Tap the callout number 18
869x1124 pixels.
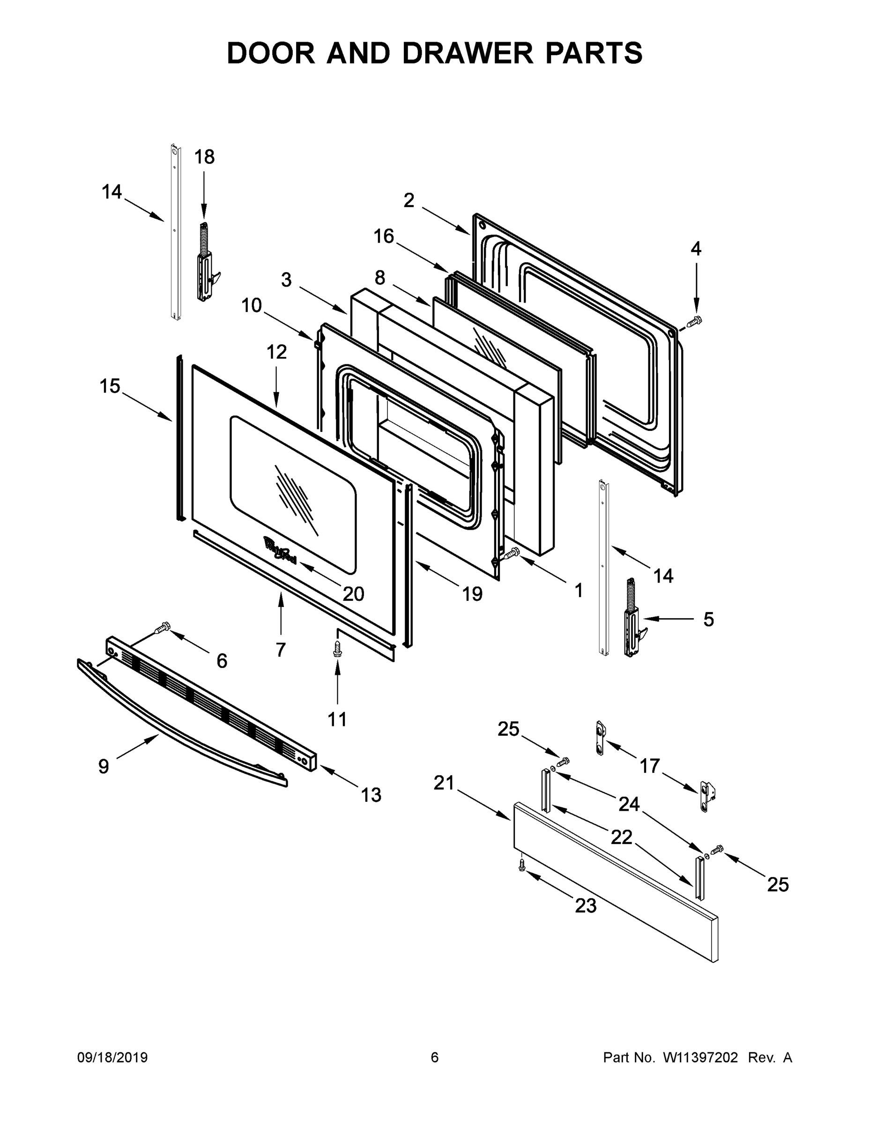pos(204,156)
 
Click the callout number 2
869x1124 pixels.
pos(409,200)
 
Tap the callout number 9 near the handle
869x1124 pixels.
pos(104,766)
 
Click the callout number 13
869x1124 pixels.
pos(371,795)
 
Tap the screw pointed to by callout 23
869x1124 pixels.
pos(522,864)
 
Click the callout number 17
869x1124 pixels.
pos(650,766)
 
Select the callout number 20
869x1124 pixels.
pos(353,593)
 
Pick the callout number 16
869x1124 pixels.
pos(384,236)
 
